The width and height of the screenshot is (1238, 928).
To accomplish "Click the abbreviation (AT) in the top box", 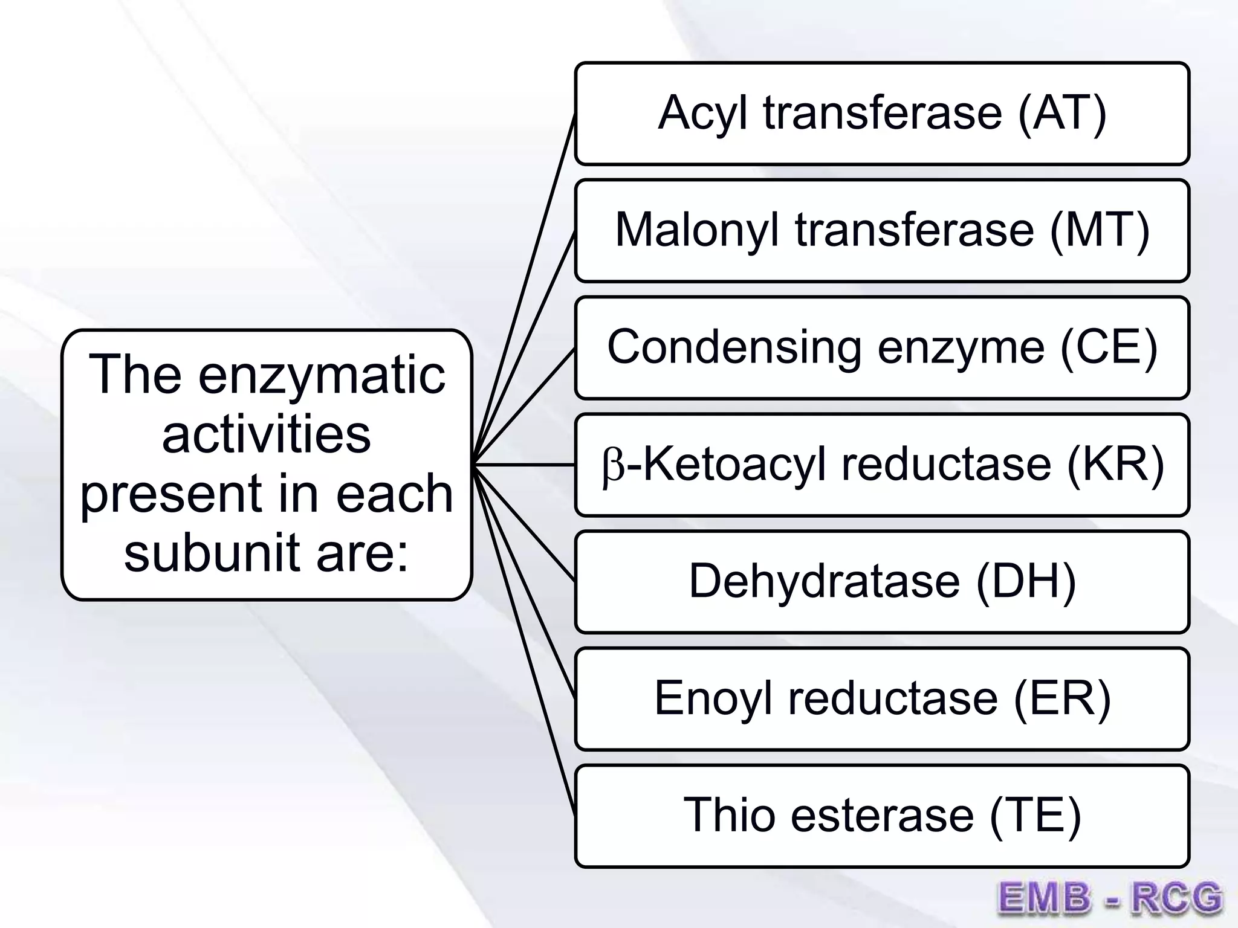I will pos(1062,113).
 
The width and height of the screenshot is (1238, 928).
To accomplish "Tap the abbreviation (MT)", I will pos(1100,230).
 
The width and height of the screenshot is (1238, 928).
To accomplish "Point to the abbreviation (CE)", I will pos(1109,347).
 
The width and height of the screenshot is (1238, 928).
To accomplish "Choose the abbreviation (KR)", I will pos(1115,465).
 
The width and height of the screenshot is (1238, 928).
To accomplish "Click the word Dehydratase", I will pos(824,581).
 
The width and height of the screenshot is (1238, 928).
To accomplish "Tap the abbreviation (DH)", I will pos(1026,581).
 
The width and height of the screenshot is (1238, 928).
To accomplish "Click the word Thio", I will pos(729,815).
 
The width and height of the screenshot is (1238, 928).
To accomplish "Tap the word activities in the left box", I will pos(266,434).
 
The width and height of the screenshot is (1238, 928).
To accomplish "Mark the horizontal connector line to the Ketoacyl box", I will pos(523,465).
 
